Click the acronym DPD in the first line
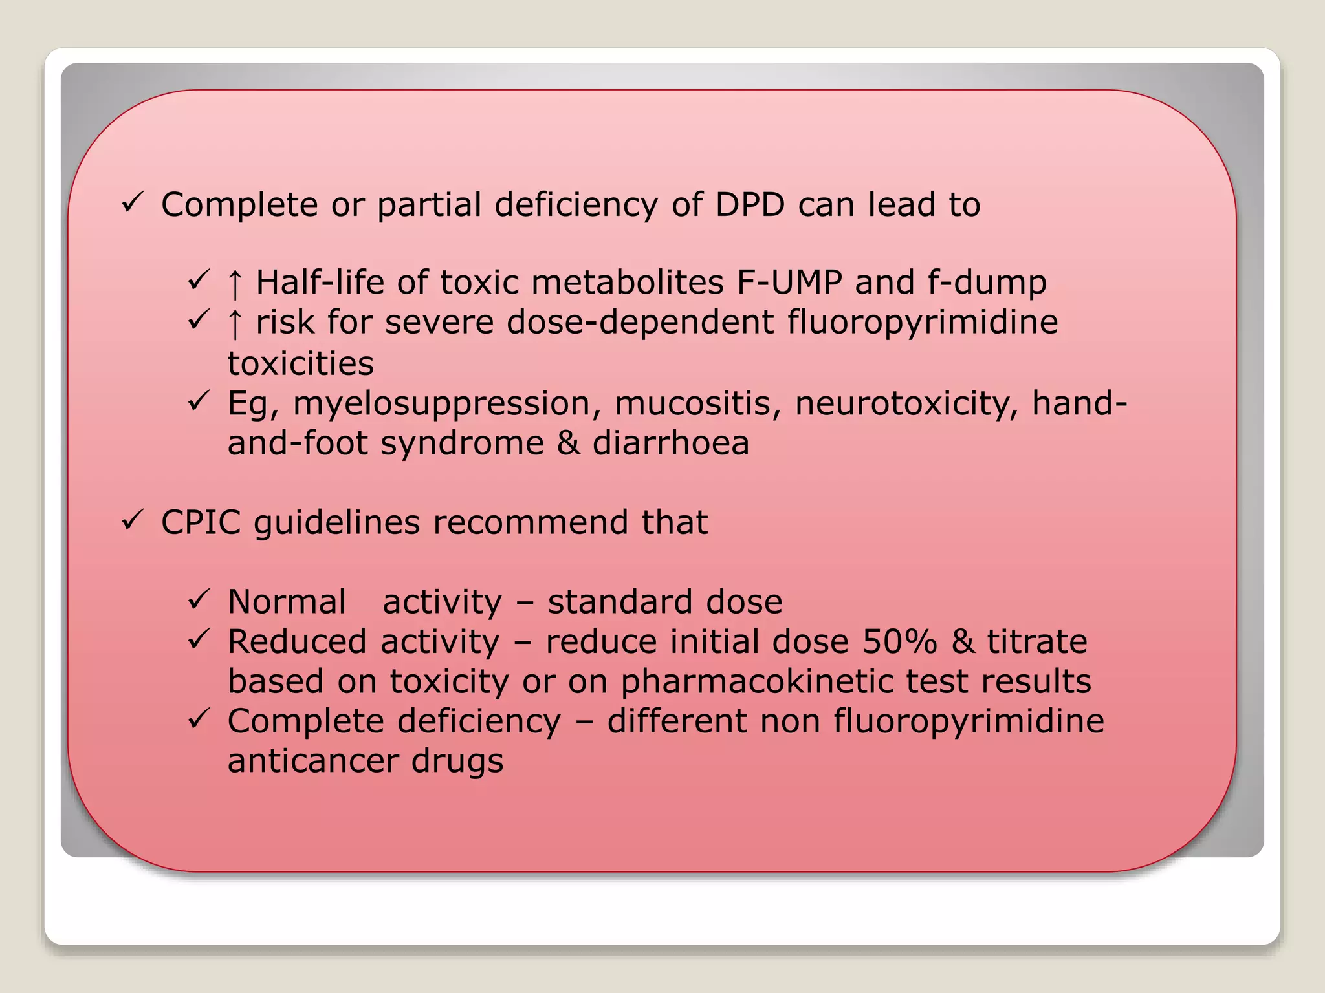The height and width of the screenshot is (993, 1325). coord(749,205)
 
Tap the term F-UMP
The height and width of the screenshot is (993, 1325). coord(789,283)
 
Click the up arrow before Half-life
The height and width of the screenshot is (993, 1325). coord(235,284)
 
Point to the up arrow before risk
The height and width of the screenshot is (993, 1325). coord(235,324)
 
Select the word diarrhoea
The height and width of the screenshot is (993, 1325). coord(671,443)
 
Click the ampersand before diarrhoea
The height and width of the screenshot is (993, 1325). coord(569,443)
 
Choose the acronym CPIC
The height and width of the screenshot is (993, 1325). coord(201,522)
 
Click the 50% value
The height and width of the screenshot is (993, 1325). coord(900,642)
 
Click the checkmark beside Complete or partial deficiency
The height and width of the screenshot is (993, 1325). coord(132,203)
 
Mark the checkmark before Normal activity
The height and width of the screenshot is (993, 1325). coord(198,599)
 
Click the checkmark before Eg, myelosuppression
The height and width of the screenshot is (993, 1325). coord(198,401)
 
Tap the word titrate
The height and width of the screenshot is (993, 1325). coord(1036,642)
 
